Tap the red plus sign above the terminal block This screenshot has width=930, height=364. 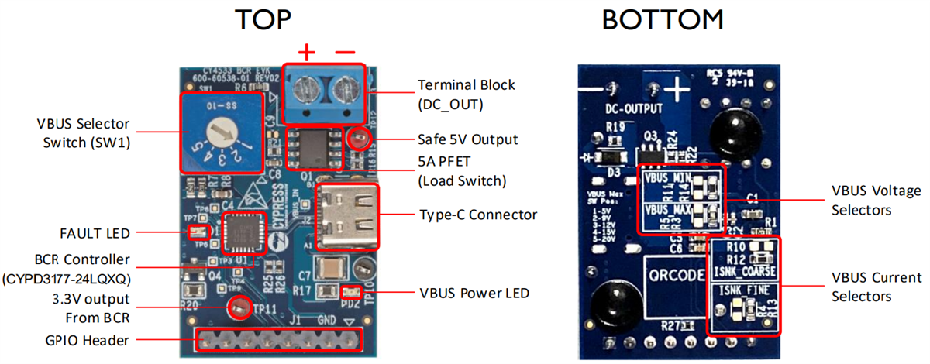click(308, 53)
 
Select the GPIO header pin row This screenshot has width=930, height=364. click(279, 339)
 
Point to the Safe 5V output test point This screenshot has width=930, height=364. click(358, 139)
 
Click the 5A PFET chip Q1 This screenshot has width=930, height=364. click(315, 147)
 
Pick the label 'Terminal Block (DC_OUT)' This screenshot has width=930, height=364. click(466, 93)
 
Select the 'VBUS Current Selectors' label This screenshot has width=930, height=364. click(877, 287)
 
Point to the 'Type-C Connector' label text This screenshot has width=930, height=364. click(478, 215)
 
